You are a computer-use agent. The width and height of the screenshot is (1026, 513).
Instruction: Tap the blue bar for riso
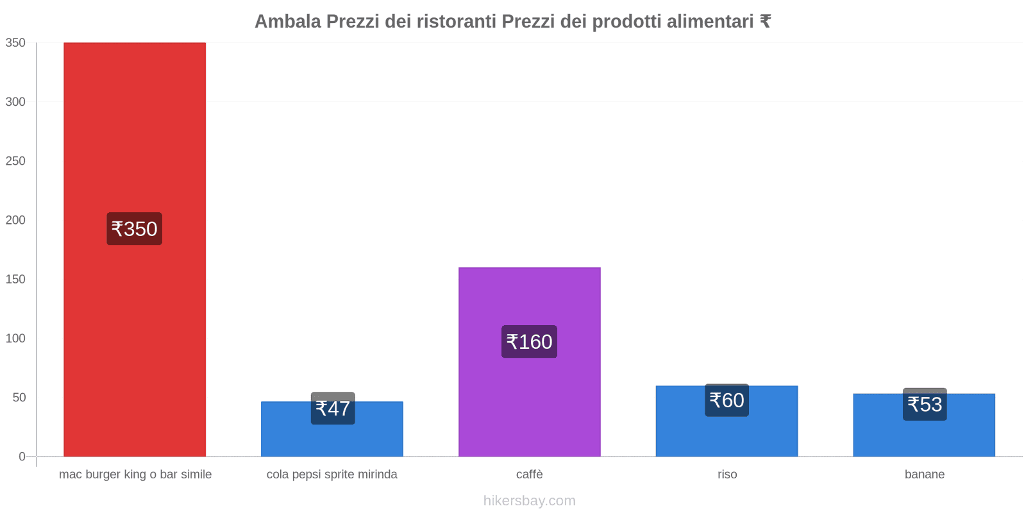[727, 433]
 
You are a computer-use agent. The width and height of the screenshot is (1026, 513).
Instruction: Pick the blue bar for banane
[923, 436]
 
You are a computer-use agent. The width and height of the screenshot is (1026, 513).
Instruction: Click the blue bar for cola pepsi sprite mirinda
[332, 439]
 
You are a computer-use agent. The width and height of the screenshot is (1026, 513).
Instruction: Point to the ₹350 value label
[134, 229]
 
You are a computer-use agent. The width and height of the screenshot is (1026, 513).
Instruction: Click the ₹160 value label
[529, 342]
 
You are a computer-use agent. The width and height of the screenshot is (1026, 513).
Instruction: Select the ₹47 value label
[333, 408]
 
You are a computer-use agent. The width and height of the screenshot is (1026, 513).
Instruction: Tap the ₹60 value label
[727, 400]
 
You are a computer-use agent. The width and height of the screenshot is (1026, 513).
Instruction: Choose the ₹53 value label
[925, 405]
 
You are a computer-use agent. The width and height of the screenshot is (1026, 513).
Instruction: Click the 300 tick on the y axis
[15, 102]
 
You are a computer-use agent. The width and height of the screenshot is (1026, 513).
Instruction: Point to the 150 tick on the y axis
[15, 279]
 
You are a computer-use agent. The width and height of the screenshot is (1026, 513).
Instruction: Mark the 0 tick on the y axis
[22, 457]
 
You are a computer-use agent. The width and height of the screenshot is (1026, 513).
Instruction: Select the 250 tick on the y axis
[15, 161]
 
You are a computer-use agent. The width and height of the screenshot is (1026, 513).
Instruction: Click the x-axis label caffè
[529, 475]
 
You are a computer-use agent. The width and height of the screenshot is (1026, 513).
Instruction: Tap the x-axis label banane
[924, 475]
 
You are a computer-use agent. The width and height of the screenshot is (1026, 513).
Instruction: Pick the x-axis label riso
[727, 475]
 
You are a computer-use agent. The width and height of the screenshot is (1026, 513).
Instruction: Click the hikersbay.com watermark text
[529, 501]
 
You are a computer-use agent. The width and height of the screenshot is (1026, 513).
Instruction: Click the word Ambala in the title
[287, 22]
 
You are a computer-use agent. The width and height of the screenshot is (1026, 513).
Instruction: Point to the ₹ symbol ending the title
[765, 22]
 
